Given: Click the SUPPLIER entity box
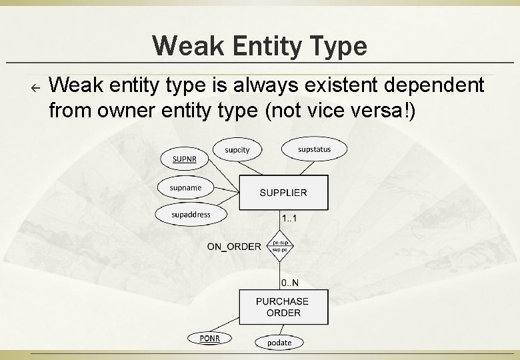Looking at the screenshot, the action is coord(283,193).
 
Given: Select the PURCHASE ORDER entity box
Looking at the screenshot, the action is coord(283,307).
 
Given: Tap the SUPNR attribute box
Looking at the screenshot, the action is coord(185,159).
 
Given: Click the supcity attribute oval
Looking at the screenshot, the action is coord(237,150).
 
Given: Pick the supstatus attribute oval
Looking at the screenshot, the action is coord(314,149).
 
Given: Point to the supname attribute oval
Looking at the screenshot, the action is coord(185,188).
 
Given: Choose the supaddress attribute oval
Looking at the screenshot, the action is coord(191,215).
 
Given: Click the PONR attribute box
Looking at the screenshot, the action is coord(209,339).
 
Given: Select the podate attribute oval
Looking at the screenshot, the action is coord(279,343).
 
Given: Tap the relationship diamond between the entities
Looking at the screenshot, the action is coord(280,247).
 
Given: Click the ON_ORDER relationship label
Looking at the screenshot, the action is coord(234,247).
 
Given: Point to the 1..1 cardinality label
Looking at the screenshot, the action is coord(289,219).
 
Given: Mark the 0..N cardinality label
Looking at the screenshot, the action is coord(289,283).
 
